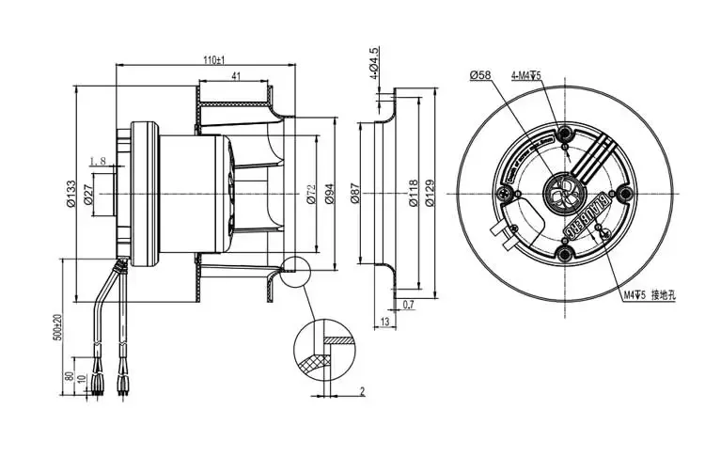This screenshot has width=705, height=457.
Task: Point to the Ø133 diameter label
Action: [70, 192]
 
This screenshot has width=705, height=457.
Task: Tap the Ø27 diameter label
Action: [86, 194]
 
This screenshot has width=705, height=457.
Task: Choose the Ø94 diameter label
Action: [329, 194]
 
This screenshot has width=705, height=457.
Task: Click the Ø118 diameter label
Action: [412, 194]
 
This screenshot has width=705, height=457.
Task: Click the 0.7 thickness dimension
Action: [409, 306]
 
